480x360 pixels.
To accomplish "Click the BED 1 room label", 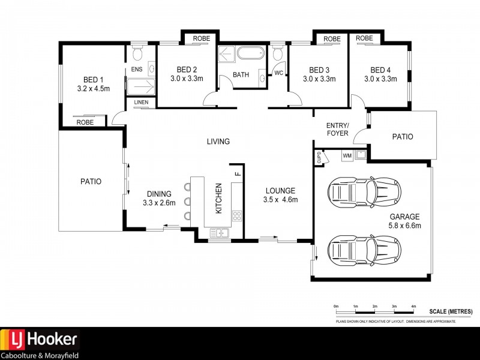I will (x=93, y=79).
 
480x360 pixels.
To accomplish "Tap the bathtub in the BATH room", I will (x=249, y=53).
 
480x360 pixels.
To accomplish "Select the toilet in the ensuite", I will (x=137, y=55).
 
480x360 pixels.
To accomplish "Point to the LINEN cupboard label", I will (x=141, y=103).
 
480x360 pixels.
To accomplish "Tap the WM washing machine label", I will (x=347, y=156).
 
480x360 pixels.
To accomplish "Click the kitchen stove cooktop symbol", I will (x=236, y=215).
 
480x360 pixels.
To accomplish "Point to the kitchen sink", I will (x=220, y=233).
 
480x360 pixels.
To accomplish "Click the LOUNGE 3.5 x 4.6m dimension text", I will (x=281, y=200).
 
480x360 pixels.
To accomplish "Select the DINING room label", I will (x=159, y=194).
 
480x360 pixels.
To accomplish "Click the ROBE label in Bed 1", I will (x=84, y=122).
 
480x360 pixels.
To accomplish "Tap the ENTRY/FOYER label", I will (x=337, y=129).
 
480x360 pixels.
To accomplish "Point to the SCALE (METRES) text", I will (x=451, y=312).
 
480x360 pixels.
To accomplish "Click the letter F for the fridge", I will (x=238, y=173).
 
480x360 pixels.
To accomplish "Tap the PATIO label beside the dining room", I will (x=91, y=181).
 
